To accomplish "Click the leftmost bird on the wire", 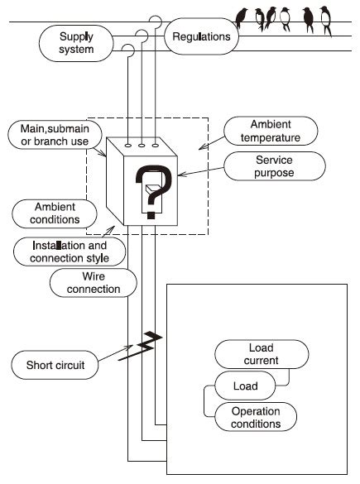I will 242,16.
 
